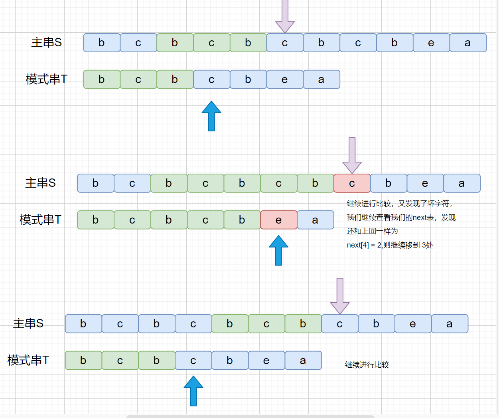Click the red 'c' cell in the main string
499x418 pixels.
[x=352, y=183]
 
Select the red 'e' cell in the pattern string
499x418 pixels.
[x=278, y=220]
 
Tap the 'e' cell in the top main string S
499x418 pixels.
[x=431, y=43]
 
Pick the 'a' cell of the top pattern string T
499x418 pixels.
[x=321, y=79]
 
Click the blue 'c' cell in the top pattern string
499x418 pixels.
[x=211, y=79]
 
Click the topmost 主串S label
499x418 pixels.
[x=46, y=43]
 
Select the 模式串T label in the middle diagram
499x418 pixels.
[x=40, y=220]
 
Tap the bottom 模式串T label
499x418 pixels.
[x=28, y=361]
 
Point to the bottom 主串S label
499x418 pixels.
[x=28, y=324]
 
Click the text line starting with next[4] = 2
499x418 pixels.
[x=390, y=245]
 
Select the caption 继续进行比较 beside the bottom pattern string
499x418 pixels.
[x=367, y=365]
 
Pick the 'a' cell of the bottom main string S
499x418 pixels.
[x=449, y=324]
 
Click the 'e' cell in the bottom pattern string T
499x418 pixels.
[x=266, y=361]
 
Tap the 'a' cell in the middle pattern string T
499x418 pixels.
[x=315, y=220]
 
